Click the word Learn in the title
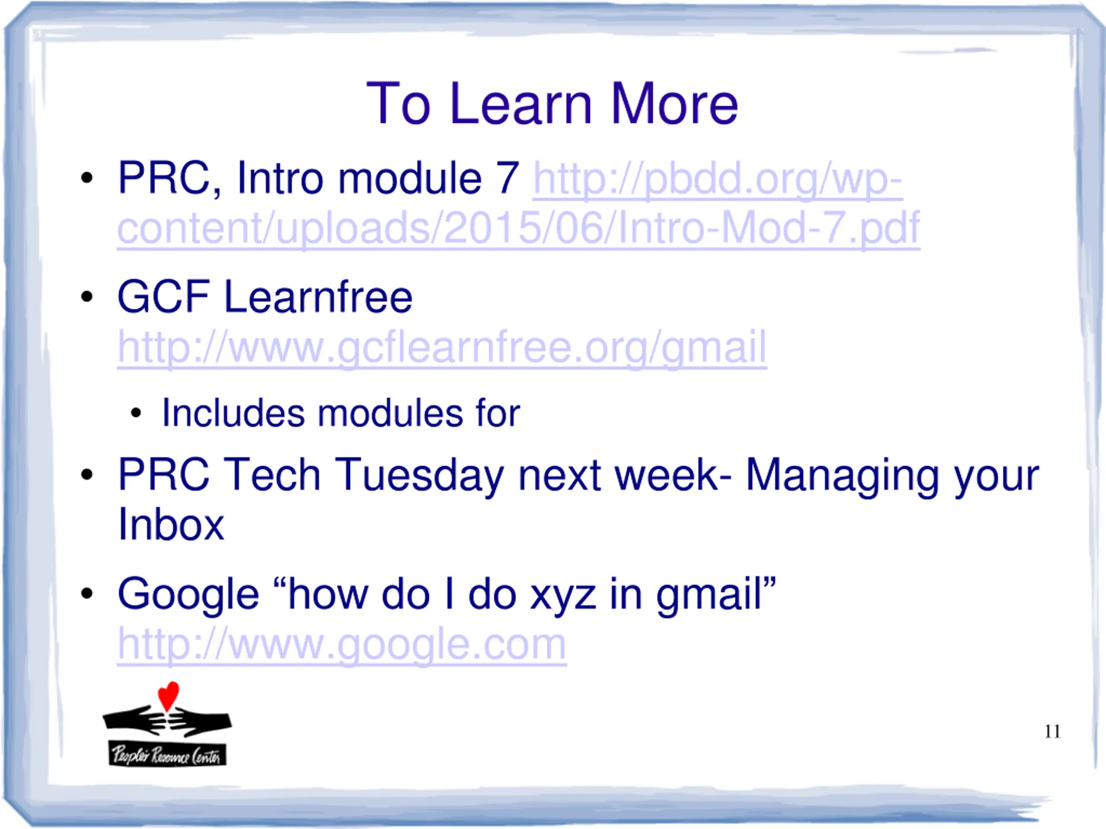[521, 104]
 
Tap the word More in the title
[674, 104]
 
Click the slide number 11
[1052, 731]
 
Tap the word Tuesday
[419, 475]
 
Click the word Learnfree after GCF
[318, 296]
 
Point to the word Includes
[233, 413]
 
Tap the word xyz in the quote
[563, 595]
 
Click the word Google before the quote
[188, 595]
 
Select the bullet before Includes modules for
[136, 413]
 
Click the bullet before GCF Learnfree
[86, 296]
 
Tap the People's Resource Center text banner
[168, 754]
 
